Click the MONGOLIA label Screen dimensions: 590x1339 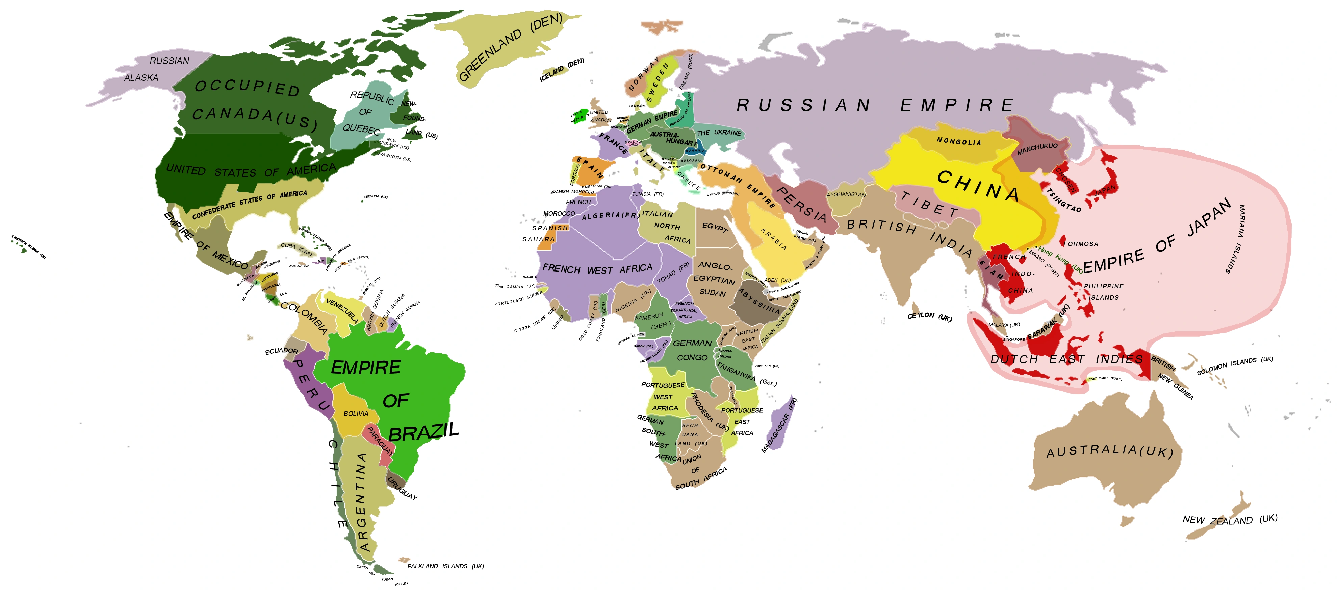pyautogui.click(x=959, y=142)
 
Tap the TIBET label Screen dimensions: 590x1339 pyautogui.click(x=930, y=205)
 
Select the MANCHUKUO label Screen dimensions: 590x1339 pyautogui.click(x=1037, y=149)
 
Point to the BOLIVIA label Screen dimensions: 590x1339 pyautogui.click(x=356, y=414)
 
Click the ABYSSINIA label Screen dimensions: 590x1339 pyautogui.click(x=759, y=302)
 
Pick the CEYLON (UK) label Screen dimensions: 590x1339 pyautogui.click(x=929, y=317)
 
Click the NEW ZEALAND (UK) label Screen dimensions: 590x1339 pyautogui.click(x=1229, y=520)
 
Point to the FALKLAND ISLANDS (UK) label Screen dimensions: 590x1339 pyautogui.click(x=445, y=566)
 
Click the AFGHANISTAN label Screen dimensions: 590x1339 pyautogui.click(x=846, y=195)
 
